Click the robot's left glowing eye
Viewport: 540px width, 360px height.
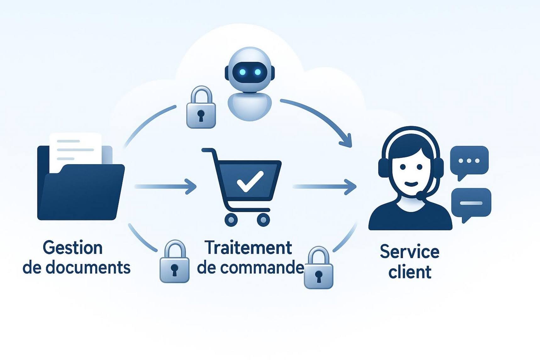[242, 72]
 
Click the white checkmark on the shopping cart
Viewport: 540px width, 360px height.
[250, 181]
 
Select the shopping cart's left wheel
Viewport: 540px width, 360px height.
[231, 220]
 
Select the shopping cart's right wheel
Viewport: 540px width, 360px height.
[263, 220]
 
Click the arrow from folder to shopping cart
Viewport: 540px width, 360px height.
[166, 186]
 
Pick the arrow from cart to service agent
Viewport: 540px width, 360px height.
[325, 187]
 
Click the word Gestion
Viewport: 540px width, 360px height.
[73, 248]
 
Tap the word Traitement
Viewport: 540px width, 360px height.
[248, 247]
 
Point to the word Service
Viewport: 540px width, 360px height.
[409, 252]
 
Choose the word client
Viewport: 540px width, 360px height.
[410, 272]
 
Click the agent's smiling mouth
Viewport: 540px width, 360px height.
[411, 184]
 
